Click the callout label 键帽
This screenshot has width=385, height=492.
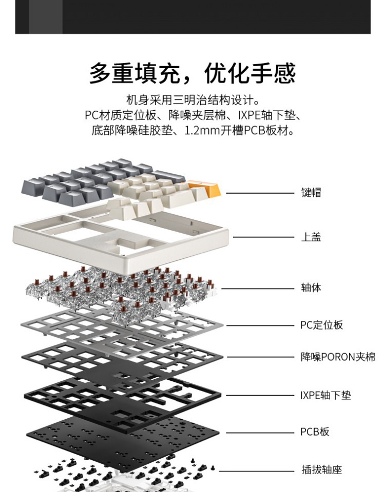pos(311,193)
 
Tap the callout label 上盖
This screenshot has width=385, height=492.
pos(311,237)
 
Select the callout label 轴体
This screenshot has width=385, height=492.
pos(311,288)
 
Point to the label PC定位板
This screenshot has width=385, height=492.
pos(321,325)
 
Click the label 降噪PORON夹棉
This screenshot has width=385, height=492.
pos(338,357)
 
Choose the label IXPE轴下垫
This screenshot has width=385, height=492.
pos(325,395)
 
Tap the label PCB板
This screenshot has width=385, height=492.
pos(315,432)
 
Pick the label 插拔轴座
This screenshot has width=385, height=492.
pos(321,469)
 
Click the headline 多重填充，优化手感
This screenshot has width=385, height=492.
pos(192,73)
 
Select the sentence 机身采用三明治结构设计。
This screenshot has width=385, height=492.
pos(192,99)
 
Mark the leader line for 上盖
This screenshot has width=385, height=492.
pos(263,237)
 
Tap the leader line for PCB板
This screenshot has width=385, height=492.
pos(259,433)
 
